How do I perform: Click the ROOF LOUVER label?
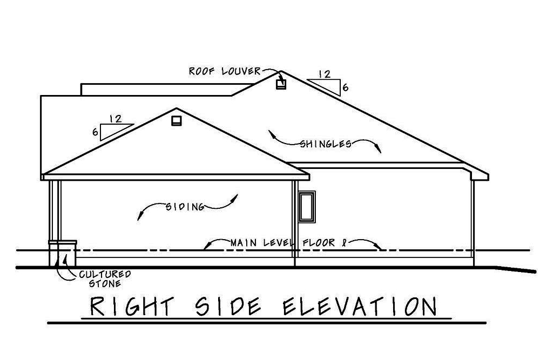coord(225,71)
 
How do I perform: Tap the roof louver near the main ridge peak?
coord(281,84)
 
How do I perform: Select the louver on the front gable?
coord(177,121)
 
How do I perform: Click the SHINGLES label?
coord(326,144)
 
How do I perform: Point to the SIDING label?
coord(185,207)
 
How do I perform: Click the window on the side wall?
coord(307,207)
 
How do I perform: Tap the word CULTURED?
coord(105,274)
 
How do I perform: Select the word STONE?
coord(105,283)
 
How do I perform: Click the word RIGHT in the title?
coord(132,306)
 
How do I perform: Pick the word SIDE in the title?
coord(228,306)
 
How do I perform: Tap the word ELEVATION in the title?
coord(360,306)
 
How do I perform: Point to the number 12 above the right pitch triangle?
coord(325,74)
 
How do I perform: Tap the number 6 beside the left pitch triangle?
coord(96,132)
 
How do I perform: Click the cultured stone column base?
coord(63,254)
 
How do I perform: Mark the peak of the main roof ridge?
coord(281,71)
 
